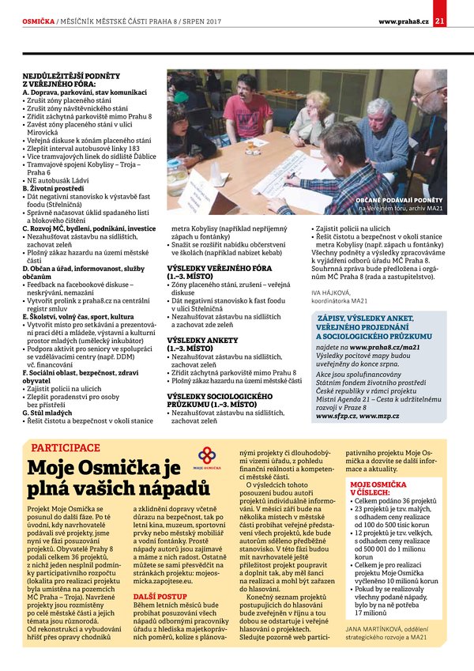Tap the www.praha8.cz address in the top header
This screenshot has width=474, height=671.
[403, 21]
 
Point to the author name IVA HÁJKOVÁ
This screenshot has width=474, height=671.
[330, 293]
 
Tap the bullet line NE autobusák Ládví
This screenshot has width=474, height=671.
[59, 179]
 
